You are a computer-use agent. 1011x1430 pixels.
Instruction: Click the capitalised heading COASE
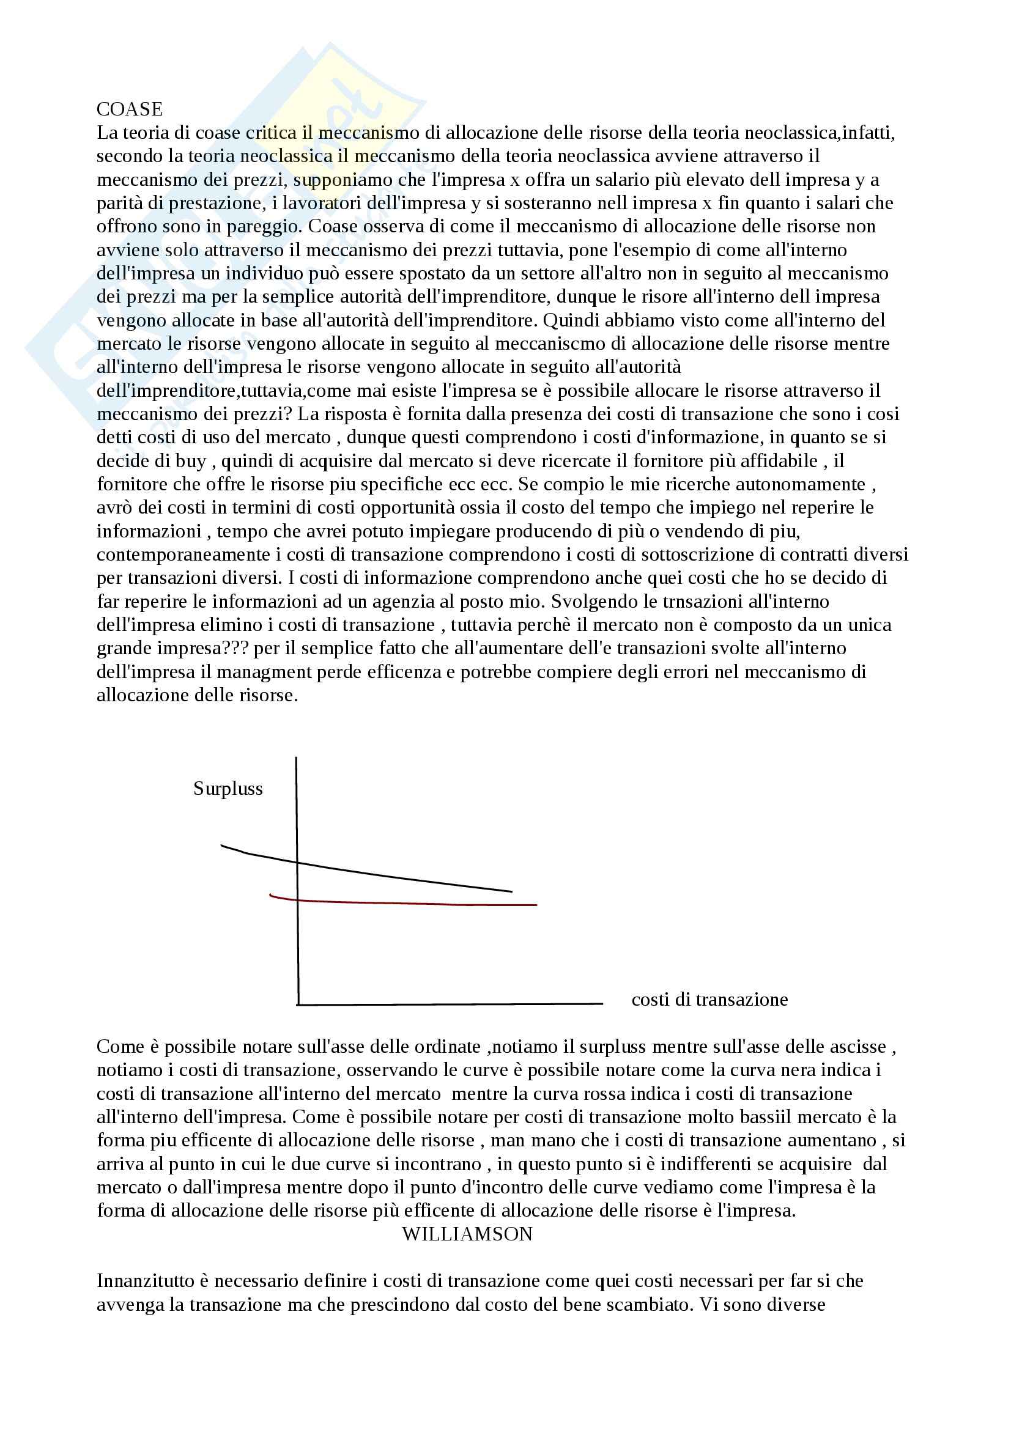(x=130, y=109)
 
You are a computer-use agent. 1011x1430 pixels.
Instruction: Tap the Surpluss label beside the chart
(x=228, y=789)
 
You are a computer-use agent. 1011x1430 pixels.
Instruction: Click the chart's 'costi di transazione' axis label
(x=709, y=1000)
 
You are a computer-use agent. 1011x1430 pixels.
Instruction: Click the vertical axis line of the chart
(x=297, y=934)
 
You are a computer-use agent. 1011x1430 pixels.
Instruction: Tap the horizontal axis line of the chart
(x=448, y=1004)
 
